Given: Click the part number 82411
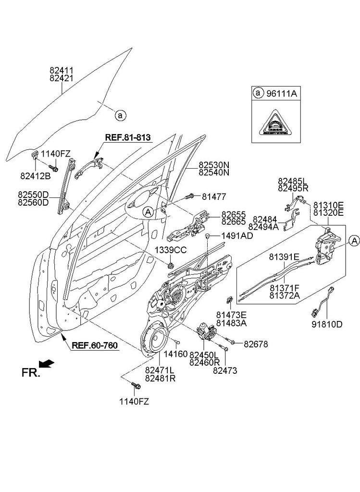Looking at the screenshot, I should coord(62,70).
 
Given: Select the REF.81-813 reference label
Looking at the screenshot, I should coord(128,137).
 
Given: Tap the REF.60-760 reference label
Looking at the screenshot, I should coord(96,345).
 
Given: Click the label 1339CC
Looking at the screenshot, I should coord(170,250).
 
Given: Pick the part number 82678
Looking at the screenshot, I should coord(256,344).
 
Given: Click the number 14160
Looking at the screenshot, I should coord(175,353).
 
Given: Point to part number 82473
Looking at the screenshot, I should coord(225,371).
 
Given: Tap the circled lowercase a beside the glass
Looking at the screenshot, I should coord(121,115).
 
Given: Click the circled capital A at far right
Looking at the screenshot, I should coord(354,240).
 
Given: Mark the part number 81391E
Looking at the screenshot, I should coord(284,257).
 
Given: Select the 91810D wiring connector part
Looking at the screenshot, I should coord(321,303).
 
